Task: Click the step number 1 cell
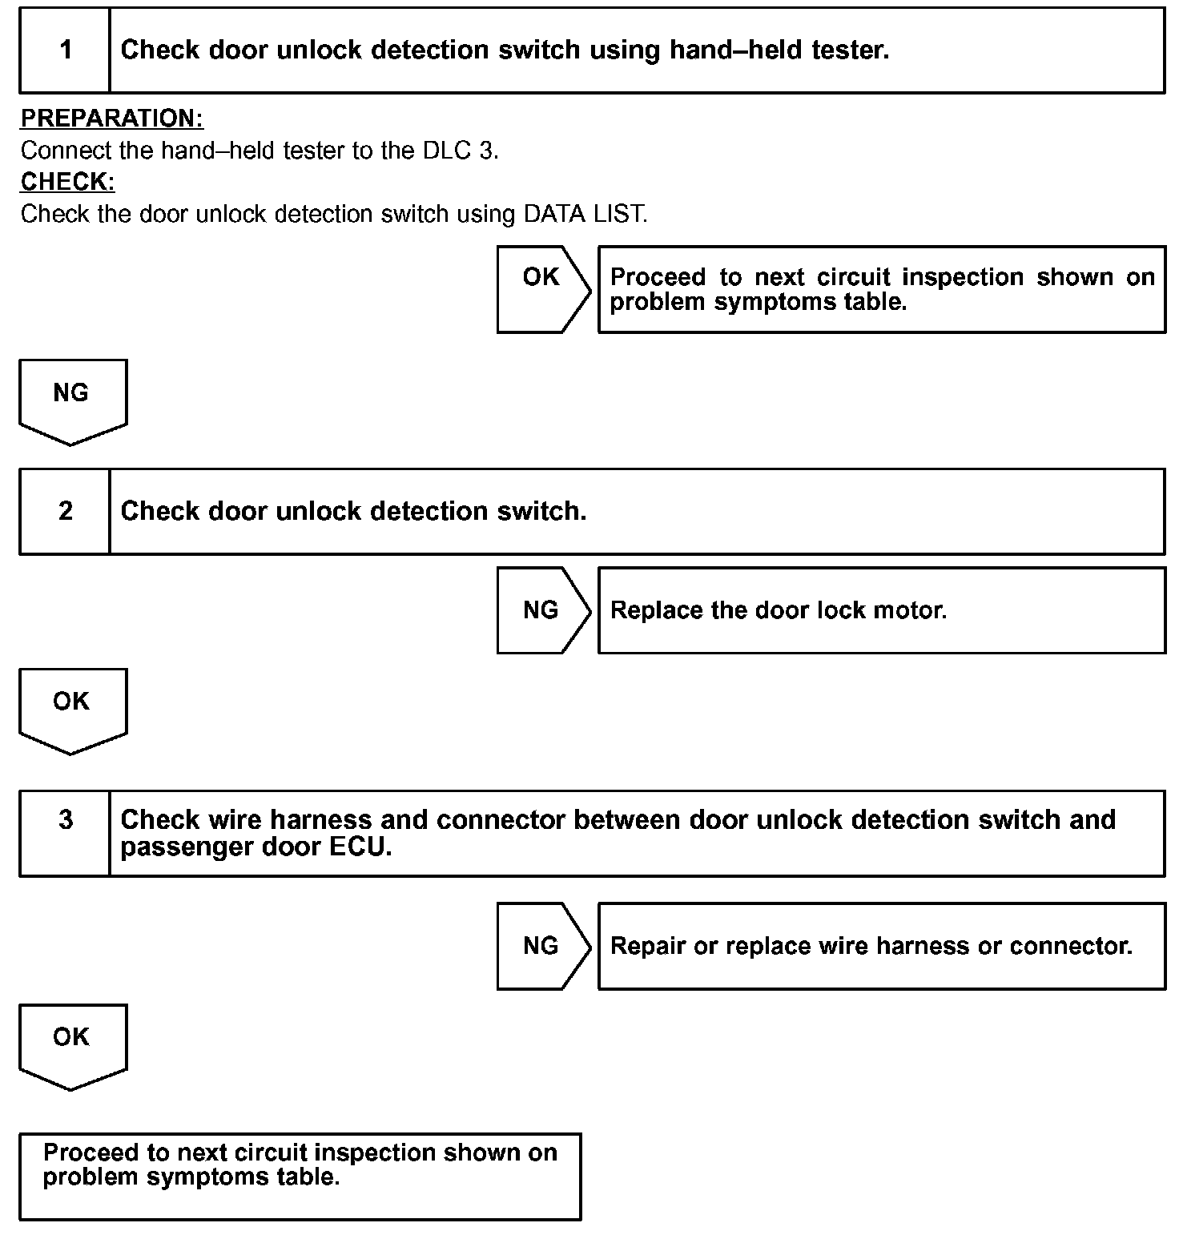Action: click(x=65, y=50)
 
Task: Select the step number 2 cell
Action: click(x=65, y=511)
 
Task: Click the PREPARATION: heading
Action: click(x=112, y=119)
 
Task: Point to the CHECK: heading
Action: click(x=68, y=182)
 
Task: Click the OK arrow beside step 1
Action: click(x=542, y=289)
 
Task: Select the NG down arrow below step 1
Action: click(x=72, y=400)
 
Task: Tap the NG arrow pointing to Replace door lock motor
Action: click(x=542, y=610)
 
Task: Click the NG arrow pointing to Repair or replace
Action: click(x=542, y=946)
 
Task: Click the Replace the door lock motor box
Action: click(x=881, y=610)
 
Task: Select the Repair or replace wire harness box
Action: click(x=881, y=946)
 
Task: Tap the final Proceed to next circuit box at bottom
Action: click(x=300, y=1176)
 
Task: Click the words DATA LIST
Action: click(x=584, y=215)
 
